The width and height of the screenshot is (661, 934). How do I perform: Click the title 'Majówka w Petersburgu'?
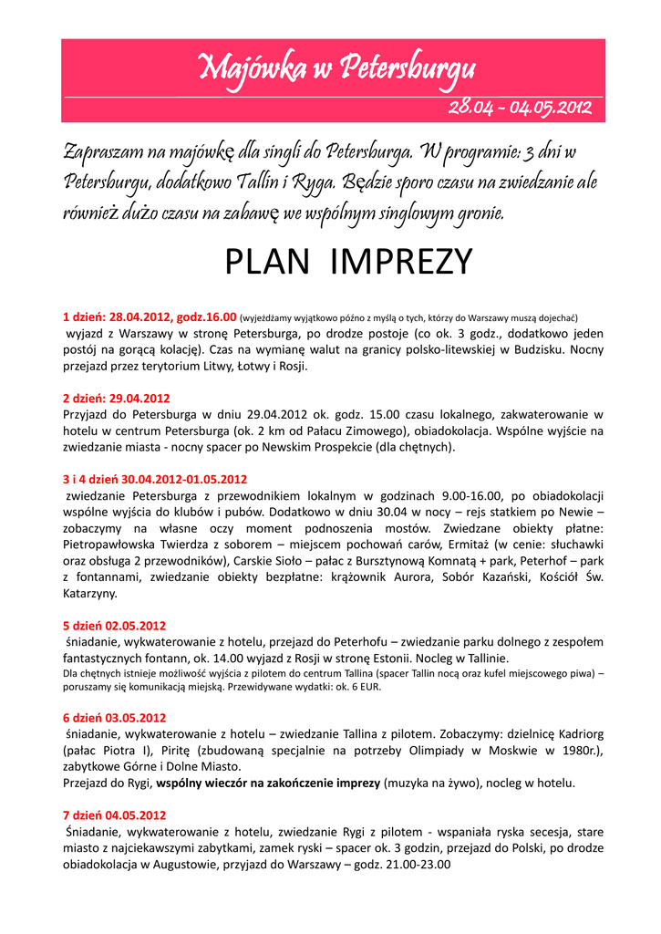337,67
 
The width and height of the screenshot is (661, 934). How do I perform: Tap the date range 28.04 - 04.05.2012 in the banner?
520,109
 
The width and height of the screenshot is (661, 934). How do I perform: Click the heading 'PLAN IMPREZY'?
348,262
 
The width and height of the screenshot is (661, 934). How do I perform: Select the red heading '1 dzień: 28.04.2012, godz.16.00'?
150,317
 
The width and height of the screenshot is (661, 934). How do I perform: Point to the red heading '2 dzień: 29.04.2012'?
116,399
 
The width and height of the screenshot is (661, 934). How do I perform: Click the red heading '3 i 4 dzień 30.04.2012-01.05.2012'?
155,479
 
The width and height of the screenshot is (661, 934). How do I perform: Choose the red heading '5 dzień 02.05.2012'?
114,626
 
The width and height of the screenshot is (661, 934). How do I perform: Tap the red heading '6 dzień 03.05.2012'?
114,717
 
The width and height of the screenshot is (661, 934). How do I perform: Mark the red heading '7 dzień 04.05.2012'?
114,815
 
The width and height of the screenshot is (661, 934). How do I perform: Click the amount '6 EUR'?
365,687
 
